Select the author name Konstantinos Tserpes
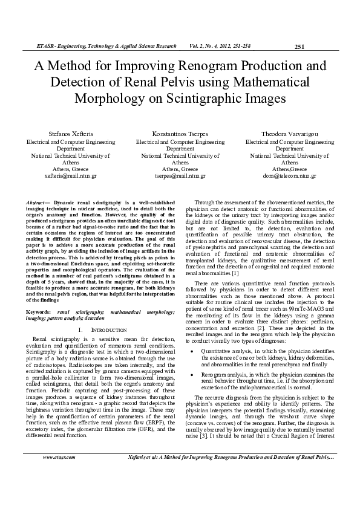tap(180, 134)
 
